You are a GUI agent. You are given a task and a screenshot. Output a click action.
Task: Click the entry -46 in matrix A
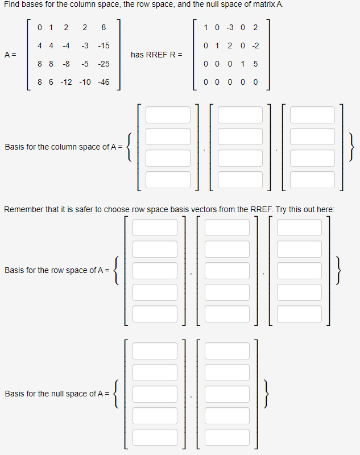[x=104, y=82]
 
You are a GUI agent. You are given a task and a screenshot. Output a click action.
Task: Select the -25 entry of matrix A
[x=104, y=64]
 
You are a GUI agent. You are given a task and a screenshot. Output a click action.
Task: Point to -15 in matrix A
[x=104, y=45]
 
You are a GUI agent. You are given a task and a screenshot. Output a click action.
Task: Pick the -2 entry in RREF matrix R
[x=255, y=45]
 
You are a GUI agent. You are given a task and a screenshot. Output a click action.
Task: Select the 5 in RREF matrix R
[x=255, y=64]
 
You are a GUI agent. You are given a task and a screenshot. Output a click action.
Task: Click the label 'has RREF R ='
[x=156, y=55]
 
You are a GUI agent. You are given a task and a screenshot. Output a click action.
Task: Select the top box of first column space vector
[x=168, y=114]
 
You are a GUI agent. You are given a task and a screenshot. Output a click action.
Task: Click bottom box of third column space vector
[x=312, y=179]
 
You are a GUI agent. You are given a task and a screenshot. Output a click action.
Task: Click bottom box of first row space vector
[x=155, y=313]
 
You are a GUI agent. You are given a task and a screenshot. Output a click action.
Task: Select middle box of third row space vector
[x=299, y=271]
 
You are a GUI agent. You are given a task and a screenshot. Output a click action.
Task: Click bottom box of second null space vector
[x=227, y=437]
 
